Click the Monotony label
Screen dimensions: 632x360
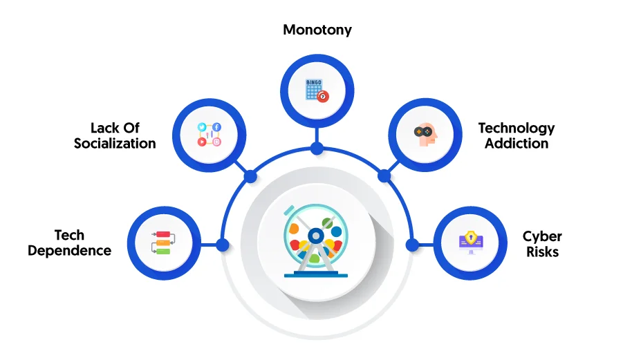pos(317,30)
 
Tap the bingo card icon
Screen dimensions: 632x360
pos(317,91)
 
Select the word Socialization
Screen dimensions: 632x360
pos(115,143)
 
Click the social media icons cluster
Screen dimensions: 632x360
pos(210,135)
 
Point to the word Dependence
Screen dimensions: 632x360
pos(69,250)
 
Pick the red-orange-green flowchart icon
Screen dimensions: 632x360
pos(163,243)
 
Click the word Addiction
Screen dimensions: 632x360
pos(517,143)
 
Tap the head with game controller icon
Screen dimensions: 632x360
pos(425,135)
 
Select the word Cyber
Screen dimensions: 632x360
pos(542,237)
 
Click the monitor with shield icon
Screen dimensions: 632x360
pos(471,243)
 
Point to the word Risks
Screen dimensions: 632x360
pos(543,252)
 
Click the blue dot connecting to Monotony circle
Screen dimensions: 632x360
pos(317,148)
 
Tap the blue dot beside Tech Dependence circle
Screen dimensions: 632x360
pos(223,245)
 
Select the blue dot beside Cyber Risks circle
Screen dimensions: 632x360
pos(412,245)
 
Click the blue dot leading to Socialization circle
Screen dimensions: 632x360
pos(250,176)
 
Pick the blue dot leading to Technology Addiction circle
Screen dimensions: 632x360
pos(384,176)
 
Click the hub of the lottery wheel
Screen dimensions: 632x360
pos(316,236)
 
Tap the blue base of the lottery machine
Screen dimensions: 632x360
pos(316,274)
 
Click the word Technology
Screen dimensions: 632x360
pos(517,129)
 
